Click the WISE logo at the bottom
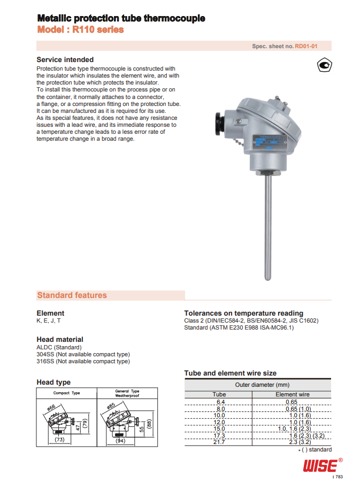(320, 465)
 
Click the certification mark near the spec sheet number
(324, 66)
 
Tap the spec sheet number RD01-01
(306, 47)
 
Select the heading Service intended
(65, 60)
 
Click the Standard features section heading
(72, 295)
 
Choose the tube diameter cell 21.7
(219, 442)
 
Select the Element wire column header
(293, 394)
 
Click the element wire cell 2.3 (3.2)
(301, 442)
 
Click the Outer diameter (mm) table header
(262, 385)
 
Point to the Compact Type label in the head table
(66, 393)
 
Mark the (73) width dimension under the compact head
(59, 440)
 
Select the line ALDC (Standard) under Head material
(59, 347)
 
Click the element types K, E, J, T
(49, 321)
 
